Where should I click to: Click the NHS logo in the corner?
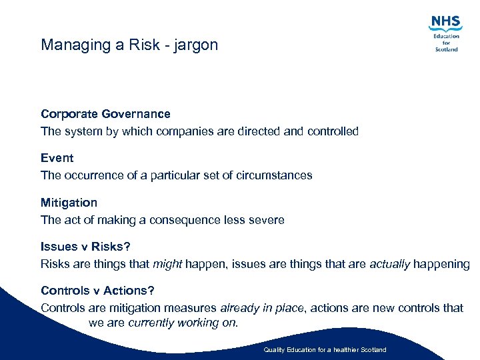[446, 33]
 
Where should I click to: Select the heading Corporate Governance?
[105, 114]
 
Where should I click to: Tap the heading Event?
[57, 158]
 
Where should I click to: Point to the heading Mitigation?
[69, 202]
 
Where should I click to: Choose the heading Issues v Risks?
[85, 247]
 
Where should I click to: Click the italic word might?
[167, 264]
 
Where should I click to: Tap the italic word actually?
[389, 264]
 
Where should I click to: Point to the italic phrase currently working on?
[183, 323]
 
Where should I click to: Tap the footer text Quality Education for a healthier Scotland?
[325, 350]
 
